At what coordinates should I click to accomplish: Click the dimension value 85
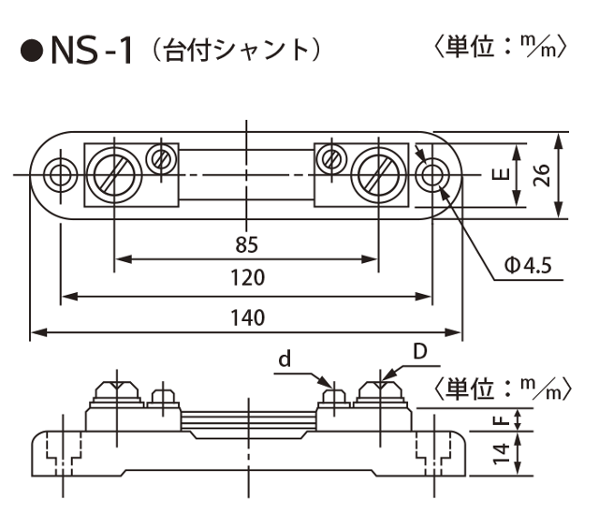click(245, 245)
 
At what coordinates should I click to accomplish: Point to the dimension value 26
click(541, 175)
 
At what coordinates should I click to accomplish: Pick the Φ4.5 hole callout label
click(528, 267)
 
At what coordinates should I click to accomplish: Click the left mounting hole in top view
click(62, 175)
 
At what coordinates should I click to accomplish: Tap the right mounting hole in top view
click(431, 175)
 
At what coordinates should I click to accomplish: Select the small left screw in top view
click(161, 157)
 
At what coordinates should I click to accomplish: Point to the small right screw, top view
click(330, 157)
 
